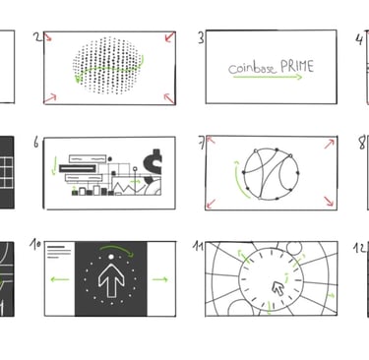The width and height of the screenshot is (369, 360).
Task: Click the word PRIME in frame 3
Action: [297, 67]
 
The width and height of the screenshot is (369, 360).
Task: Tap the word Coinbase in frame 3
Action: [252, 69]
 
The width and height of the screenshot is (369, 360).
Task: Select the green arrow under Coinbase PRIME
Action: [268, 77]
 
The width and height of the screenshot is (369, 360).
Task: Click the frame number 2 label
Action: [38, 37]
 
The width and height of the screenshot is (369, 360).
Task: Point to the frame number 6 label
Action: [36, 143]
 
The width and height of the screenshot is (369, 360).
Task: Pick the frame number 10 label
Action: [35, 245]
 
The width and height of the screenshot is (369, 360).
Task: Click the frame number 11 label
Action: [198, 246]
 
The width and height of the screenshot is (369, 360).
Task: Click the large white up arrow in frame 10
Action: [111, 280]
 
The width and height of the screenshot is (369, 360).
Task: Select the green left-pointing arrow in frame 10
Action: [60, 279]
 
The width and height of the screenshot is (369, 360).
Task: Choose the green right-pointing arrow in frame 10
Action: [160, 279]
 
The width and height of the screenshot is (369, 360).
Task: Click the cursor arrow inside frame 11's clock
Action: [278, 288]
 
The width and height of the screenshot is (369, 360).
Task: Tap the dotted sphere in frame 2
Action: [107, 65]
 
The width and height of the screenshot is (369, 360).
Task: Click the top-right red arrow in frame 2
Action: [170, 36]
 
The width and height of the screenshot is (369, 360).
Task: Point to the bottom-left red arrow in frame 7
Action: [211, 204]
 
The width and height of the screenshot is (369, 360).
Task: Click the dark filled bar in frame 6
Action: [78, 169]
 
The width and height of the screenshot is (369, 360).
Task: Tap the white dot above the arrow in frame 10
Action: [111, 257]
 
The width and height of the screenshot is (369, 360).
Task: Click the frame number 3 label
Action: [201, 37]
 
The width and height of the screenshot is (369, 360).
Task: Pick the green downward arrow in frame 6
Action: [54, 165]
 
